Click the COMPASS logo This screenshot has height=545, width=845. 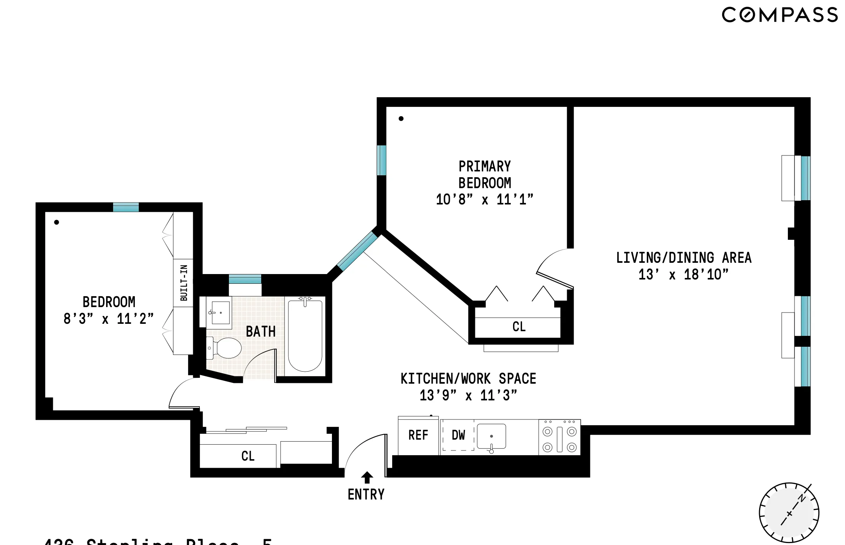(x=779, y=15)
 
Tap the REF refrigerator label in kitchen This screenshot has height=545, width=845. (x=418, y=435)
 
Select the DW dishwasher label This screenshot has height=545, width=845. (x=458, y=435)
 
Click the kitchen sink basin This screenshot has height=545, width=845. (x=491, y=436)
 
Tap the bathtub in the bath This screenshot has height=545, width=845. (x=305, y=335)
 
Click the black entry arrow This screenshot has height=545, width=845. (x=367, y=477)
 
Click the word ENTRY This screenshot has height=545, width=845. (x=366, y=494)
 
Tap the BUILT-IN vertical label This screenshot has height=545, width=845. (x=183, y=283)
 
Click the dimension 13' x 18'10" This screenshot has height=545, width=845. (x=683, y=274)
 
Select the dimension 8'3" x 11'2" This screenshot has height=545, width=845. (x=108, y=319)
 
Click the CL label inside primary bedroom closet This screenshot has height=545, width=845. (x=519, y=327)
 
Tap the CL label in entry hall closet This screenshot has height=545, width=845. (x=248, y=456)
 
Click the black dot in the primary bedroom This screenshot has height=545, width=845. (x=401, y=119)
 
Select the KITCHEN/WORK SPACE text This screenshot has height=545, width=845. (x=468, y=379)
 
